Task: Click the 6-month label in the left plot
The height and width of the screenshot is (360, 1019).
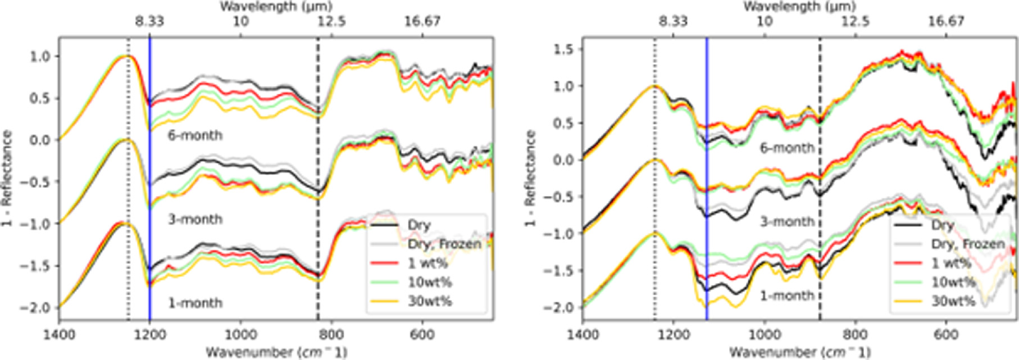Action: pos(195,135)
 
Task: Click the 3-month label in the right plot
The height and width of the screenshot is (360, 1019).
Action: pos(787,222)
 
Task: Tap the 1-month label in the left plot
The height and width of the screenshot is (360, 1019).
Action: pos(195,303)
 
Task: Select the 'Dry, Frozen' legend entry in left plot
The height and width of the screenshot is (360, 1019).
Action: pos(444,244)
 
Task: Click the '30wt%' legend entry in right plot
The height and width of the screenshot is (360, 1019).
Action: pos(953,301)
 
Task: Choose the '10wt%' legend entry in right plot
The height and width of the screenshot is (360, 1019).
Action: pos(953,282)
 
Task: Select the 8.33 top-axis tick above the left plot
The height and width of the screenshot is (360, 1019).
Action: pos(149,22)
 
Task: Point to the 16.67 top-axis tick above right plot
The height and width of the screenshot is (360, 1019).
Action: pos(946,22)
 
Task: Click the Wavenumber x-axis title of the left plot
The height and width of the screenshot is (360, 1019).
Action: pos(276,352)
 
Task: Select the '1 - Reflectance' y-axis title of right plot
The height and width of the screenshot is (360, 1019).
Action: pos(530,179)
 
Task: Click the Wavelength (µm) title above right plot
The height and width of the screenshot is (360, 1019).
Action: pos(799,7)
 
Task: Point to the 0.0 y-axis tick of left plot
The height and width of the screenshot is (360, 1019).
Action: pos(39,140)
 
